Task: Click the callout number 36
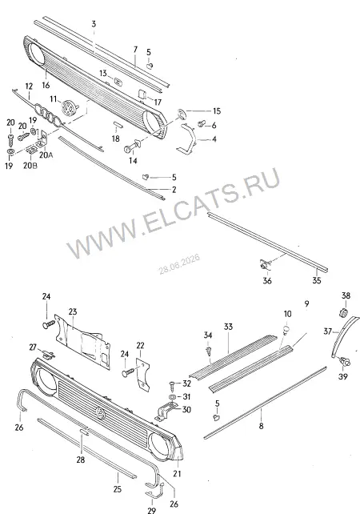click(x=267, y=280)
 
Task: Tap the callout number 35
click(x=317, y=280)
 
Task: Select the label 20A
click(x=46, y=155)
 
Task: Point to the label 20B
click(x=30, y=166)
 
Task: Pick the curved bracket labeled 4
click(x=187, y=139)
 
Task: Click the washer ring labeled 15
click(x=182, y=113)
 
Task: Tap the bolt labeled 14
click(x=133, y=146)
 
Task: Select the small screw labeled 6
click(x=202, y=125)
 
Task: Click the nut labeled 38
click(x=343, y=313)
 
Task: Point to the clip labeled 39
click(x=344, y=362)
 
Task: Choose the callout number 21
click(x=177, y=473)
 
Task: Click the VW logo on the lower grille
click(x=101, y=412)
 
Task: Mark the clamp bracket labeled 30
click(x=166, y=412)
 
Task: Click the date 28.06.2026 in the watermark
click(x=179, y=264)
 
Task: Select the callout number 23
click(x=72, y=311)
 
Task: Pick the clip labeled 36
click(x=264, y=263)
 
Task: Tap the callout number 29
click(x=151, y=510)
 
